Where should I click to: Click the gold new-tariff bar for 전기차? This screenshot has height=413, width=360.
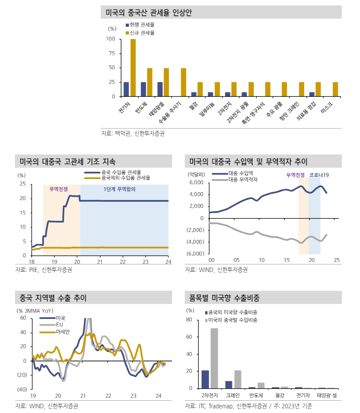(x=133, y=68)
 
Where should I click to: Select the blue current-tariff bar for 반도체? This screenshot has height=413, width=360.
(x=143, y=90)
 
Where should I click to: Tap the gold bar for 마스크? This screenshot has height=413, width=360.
(x=335, y=90)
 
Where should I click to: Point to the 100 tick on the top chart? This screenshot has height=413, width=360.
(x=110, y=39)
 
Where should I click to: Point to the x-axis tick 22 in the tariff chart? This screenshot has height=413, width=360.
(x=123, y=262)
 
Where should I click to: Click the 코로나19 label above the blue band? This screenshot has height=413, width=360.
(x=319, y=175)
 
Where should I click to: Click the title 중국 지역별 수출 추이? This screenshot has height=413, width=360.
(x=51, y=298)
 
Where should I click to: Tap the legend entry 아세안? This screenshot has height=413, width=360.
(x=62, y=332)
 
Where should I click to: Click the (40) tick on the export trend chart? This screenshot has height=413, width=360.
(x=22, y=389)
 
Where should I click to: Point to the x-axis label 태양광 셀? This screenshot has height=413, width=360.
(x=327, y=395)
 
